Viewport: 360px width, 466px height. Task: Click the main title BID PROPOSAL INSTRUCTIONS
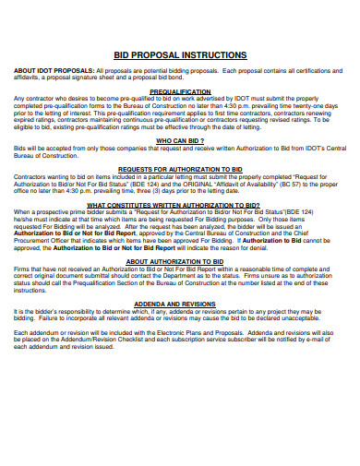tap(179, 55)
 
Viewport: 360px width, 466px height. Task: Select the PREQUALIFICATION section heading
tap(180, 92)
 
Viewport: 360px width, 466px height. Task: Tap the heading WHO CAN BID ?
tap(180, 140)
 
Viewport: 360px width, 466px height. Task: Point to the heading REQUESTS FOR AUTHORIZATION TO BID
tap(180, 170)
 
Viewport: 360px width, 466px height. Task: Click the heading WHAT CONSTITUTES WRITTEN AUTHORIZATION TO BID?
tap(180, 205)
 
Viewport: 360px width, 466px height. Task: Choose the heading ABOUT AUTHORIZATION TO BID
tap(180, 261)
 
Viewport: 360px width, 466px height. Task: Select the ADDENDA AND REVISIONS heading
tap(180, 302)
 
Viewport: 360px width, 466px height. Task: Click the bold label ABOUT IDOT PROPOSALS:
tap(53, 71)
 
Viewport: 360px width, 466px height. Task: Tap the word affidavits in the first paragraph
tap(29, 78)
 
